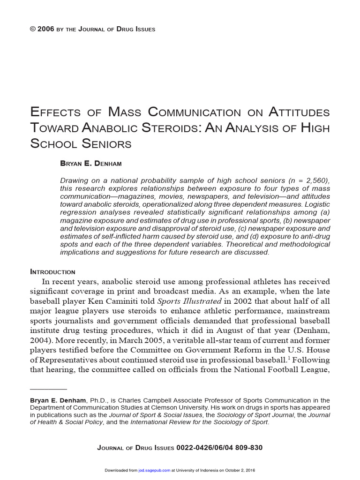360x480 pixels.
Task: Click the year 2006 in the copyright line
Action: [x=45, y=29]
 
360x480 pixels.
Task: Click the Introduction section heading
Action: [x=52, y=272]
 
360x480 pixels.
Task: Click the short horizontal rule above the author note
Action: [x=48, y=389]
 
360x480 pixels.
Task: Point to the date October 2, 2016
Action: [x=240, y=470]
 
